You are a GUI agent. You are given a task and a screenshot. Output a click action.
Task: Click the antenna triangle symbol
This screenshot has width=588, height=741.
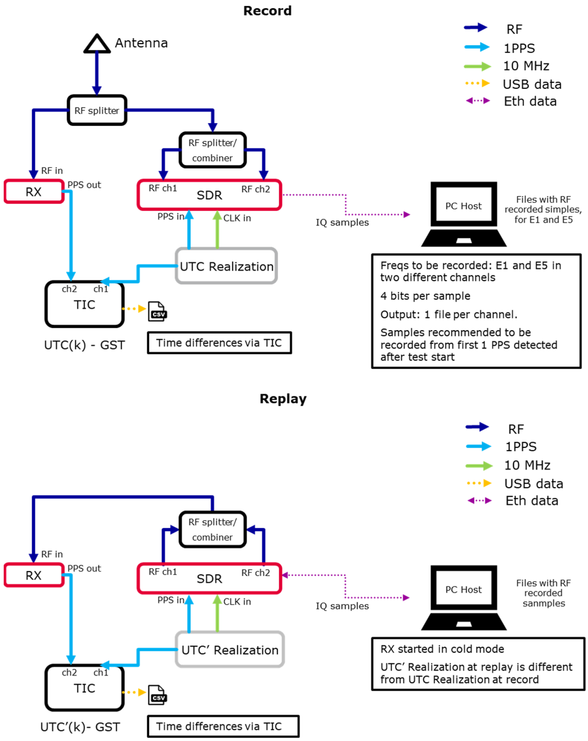pyautogui.click(x=97, y=44)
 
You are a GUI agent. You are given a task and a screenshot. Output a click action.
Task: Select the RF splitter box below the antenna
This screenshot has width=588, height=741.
pyautogui.click(x=97, y=110)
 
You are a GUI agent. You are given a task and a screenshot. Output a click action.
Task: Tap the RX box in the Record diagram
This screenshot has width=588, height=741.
pyautogui.click(x=34, y=191)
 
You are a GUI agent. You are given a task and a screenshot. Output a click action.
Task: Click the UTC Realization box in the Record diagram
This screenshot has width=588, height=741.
pyautogui.click(x=226, y=266)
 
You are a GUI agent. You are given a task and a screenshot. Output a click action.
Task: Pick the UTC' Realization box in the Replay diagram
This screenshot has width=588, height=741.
pyautogui.click(x=230, y=649)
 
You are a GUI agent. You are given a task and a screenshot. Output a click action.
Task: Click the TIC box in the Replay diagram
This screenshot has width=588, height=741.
pyautogui.click(x=84, y=687)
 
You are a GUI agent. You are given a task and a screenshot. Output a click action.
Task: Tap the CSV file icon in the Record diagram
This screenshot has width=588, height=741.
pyautogui.click(x=157, y=312)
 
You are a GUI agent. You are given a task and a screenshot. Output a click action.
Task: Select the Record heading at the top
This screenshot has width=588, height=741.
pyautogui.click(x=267, y=11)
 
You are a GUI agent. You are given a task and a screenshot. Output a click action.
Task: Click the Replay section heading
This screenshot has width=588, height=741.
pyautogui.click(x=283, y=399)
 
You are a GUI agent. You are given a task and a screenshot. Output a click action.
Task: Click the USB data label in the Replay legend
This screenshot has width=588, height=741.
pyautogui.click(x=533, y=484)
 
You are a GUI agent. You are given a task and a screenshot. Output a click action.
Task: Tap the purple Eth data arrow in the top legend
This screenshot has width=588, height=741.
pyautogui.click(x=477, y=101)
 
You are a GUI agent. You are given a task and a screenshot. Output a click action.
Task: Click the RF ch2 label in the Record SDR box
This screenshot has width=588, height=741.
pyautogui.click(x=255, y=189)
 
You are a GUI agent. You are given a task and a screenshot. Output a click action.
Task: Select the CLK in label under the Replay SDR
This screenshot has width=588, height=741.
pyautogui.click(x=237, y=602)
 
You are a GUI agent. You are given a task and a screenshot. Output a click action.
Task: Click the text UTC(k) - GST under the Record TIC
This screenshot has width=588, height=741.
pyautogui.click(x=84, y=345)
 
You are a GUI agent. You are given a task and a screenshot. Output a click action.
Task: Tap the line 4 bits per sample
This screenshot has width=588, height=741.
pyautogui.click(x=425, y=296)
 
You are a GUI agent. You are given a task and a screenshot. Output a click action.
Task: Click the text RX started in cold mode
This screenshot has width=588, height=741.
pyautogui.click(x=442, y=649)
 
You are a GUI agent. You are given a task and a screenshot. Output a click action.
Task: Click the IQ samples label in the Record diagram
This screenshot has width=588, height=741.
pyautogui.click(x=342, y=222)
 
